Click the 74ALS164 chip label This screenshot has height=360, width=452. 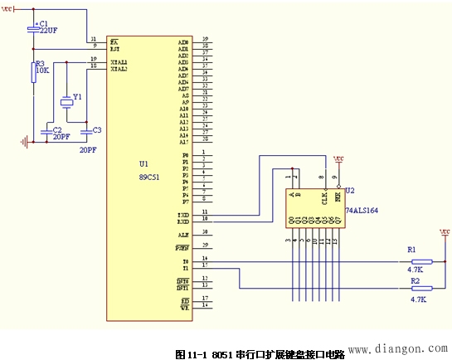click(x=362, y=212)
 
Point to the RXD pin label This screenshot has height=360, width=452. click(x=183, y=221)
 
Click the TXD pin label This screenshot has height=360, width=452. click(x=183, y=213)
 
